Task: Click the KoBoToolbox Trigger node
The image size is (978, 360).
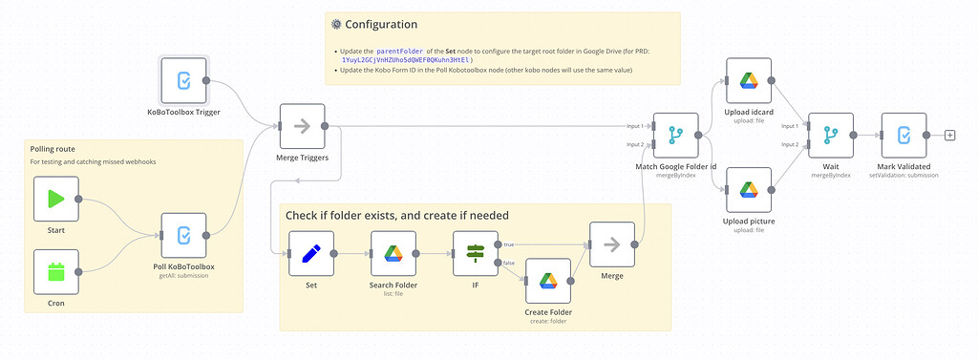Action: coord(183,81)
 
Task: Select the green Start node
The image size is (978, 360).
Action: coord(55,199)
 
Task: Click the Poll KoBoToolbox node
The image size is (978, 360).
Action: coord(183,235)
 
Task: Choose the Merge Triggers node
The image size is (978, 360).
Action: coord(302,126)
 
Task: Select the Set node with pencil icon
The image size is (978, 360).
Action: coord(311,253)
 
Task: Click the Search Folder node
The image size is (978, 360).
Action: coord(393,253)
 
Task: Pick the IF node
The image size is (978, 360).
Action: coord(476,253)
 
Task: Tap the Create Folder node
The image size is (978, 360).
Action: coord(548,281)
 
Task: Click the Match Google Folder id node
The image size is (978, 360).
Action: coord(675,136)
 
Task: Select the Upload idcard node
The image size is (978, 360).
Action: coord(749,81)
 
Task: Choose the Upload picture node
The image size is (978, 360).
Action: coord(749,190)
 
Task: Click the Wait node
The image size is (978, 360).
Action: coord(830,136)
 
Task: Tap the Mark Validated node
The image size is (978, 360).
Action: coord(904,136)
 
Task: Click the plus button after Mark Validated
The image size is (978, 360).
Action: coord(949,136)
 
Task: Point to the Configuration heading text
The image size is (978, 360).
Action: coord(381,24)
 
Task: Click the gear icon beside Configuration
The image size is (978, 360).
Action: coord(335,24)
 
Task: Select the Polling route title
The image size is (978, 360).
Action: coord(53,149)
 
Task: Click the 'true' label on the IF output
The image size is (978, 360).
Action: coord(508,244)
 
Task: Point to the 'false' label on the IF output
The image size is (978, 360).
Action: coord(508,263)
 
